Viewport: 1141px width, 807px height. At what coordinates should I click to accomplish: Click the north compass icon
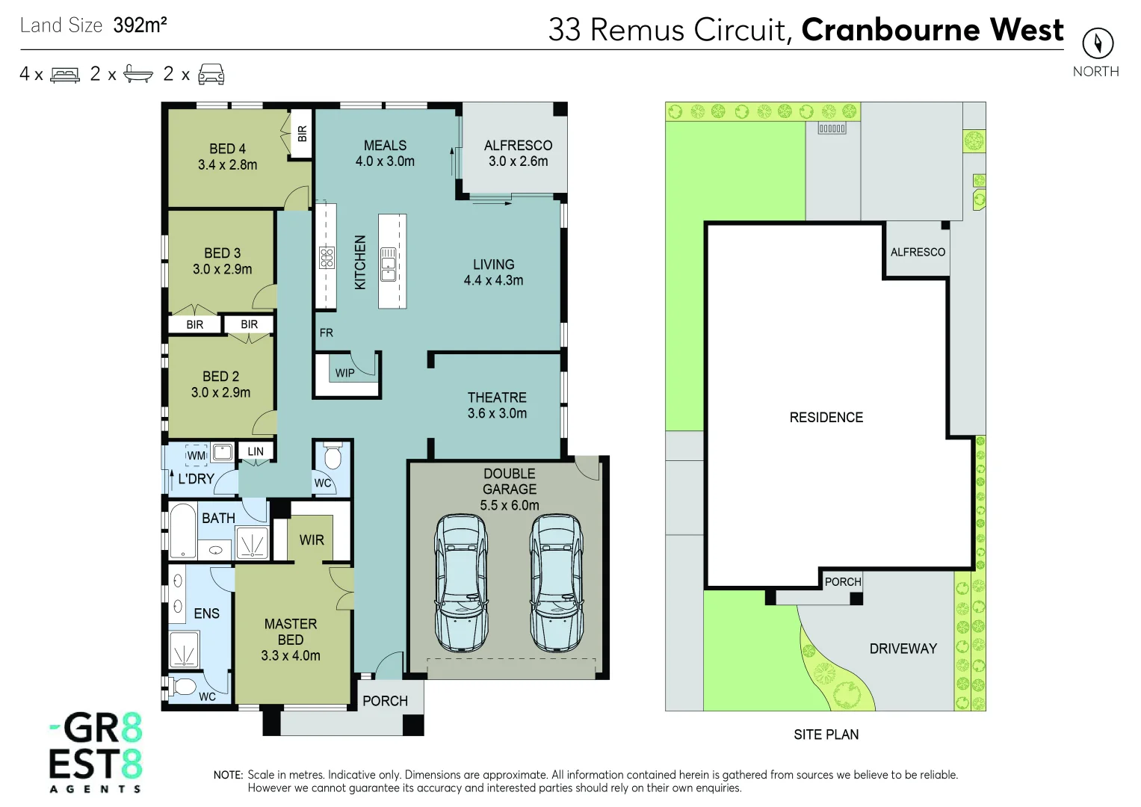click(1097, 43)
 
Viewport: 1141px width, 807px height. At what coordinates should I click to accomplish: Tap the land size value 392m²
click(140, 25)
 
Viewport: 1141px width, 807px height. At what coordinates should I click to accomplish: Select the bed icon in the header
click(65, 75)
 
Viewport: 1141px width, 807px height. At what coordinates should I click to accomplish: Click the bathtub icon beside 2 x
click(138, 73)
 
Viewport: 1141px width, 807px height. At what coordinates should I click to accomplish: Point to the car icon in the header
click(211, 74)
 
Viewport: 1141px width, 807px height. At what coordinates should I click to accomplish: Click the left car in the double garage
click(461, 582)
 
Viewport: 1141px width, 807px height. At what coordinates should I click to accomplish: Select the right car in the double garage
click(557, 582)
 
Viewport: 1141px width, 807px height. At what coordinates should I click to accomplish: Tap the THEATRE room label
click(497, 398)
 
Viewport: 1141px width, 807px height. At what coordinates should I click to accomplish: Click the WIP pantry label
click(344, 373)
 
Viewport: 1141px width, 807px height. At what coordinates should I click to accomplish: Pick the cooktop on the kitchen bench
click(327, 258)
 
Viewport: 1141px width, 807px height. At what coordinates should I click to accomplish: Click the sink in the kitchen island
click(388, 264)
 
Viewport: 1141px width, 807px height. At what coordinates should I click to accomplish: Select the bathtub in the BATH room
click(182, 531)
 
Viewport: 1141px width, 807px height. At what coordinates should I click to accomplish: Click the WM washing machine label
click(197, 455)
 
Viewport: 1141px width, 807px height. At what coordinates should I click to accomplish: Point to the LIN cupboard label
click(256, 451)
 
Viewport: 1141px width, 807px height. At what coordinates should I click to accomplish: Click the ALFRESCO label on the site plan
click(918, 253)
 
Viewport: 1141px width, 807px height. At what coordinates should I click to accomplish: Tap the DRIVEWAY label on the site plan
click(903, 649)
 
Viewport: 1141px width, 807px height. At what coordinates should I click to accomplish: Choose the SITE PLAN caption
click(826, 735)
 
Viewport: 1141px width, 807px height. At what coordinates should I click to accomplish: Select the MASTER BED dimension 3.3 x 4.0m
click(291, 656)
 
